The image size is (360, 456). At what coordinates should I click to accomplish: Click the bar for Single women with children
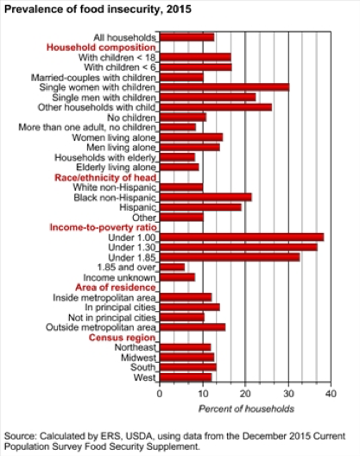(x=224, y=87)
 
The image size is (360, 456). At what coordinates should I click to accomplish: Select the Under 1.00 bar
(x=242, y=237)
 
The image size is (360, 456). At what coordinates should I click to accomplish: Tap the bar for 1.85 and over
(x=172, y=267)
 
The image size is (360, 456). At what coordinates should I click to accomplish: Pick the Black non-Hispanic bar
(x=205, y=197)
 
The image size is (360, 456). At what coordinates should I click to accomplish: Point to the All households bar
(x=187, y=37)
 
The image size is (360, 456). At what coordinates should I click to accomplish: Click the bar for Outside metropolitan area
(x=193, y=327)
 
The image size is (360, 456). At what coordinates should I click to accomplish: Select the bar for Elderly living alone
(x=179, y=168)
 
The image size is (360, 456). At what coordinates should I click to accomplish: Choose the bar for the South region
(x=188, y=367)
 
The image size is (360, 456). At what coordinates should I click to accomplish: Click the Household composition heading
(x=101, y=47)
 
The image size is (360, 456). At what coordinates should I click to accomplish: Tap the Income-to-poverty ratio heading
(x=104, y=227)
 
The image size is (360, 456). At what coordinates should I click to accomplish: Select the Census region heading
(x=122, y=338)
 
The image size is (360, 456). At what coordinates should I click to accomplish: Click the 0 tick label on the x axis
(x=160, y=394)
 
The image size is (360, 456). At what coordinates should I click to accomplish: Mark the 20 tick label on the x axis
(x=245, y=394)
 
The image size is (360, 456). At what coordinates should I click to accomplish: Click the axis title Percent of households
(x=246, y=408)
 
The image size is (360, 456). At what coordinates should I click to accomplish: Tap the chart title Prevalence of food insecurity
(x=98, y=9)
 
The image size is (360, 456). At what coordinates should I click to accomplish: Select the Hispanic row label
(x=138, y=207)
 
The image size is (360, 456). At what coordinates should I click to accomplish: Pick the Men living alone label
(x=121, y=148)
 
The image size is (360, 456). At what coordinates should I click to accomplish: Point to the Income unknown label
(x=120, y=277)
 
